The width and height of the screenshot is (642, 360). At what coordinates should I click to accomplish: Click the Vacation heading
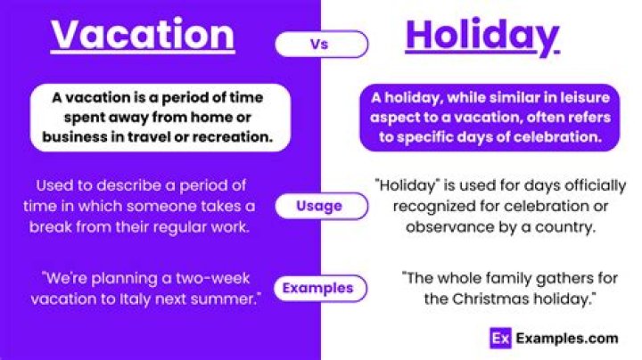[x=143, y=35]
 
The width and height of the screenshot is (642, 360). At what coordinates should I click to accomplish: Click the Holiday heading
[x=481, y=36]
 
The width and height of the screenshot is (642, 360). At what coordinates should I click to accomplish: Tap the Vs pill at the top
[x=321, y=44]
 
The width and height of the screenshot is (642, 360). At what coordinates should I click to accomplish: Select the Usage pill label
[x=320, y=206]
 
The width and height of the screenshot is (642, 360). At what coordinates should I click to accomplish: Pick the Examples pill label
[x=318, y=288]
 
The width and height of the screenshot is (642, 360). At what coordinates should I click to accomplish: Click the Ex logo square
[x=500, y=338]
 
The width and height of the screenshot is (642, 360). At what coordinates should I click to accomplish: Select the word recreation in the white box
[x=231, y=138]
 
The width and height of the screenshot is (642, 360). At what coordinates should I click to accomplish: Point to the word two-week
[x=192, y=276]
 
